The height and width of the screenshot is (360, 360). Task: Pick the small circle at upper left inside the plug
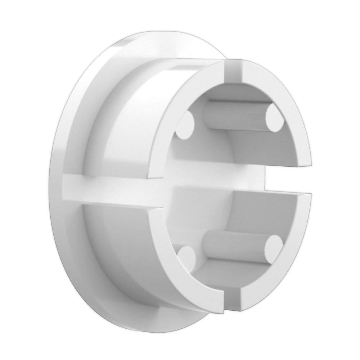click(186, 125)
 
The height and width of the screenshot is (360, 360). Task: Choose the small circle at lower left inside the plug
click(186, 257)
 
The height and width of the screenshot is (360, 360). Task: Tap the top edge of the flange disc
click(144, 34)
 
